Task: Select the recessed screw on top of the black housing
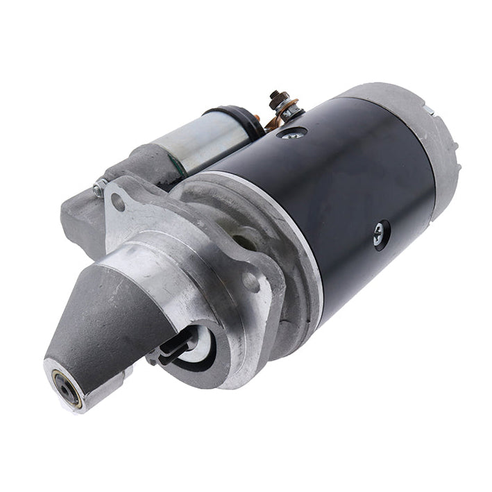tap(291, 132)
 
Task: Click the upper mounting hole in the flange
tap(119, 203)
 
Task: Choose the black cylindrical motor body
tap(347, 194)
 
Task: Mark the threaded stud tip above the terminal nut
tap(277, 94)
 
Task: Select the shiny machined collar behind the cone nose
tap(153, 271)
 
